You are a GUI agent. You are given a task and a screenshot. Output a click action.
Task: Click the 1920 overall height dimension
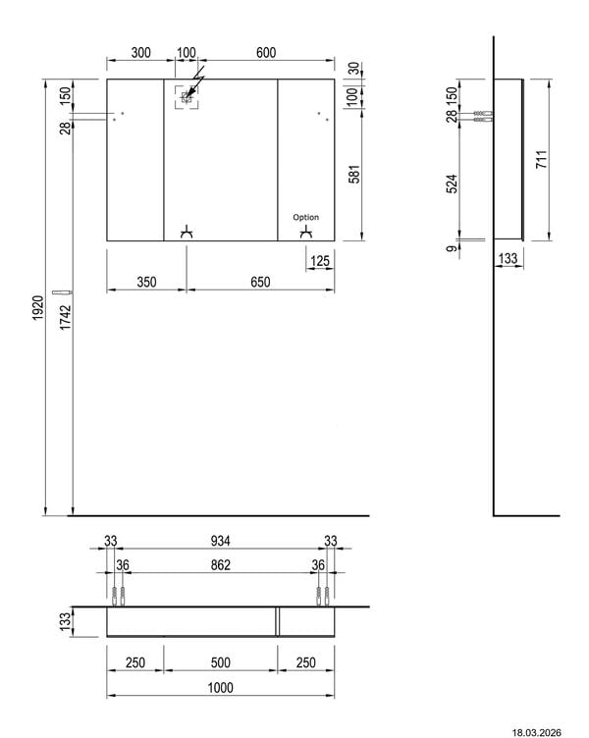coord(38,308)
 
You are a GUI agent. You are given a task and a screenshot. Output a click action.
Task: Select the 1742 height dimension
coord(66,317)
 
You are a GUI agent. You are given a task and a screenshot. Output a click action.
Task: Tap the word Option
coord(305,217)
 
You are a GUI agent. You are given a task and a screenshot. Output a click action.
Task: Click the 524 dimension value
coord(452,184)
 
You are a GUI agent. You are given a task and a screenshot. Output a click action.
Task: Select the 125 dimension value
coord(320,261)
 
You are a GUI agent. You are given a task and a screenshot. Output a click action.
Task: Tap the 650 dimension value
coord(260,282)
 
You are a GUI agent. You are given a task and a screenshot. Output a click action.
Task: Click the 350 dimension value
coord(146,282)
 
